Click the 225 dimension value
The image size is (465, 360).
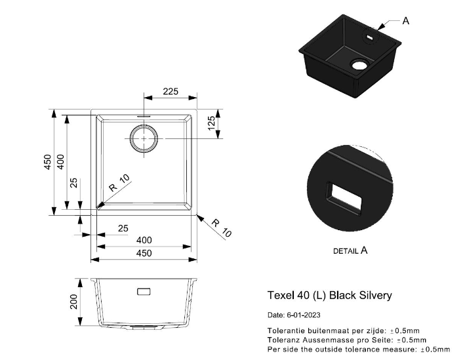[171, 91]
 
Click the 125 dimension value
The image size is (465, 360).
[211, 123]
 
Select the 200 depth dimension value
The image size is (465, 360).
[73, 302]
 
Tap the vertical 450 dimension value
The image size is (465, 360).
[47, 162]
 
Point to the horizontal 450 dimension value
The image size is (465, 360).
[144, 253]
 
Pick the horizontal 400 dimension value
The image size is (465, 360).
[144, 240]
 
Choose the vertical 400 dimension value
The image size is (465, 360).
[60, 162]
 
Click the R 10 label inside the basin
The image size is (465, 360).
[119, 183]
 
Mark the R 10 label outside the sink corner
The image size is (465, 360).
[222, 228]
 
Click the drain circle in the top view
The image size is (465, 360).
[144, 138]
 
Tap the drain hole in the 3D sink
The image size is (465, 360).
[359, 64]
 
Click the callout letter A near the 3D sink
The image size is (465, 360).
[406, 21]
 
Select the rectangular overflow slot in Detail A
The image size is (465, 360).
[344, 197]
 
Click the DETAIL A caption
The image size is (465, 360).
[350, 251]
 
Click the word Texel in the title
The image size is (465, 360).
[280, 295]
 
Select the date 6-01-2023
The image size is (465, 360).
[304, 315]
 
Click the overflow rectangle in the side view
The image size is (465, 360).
[144, 292]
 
